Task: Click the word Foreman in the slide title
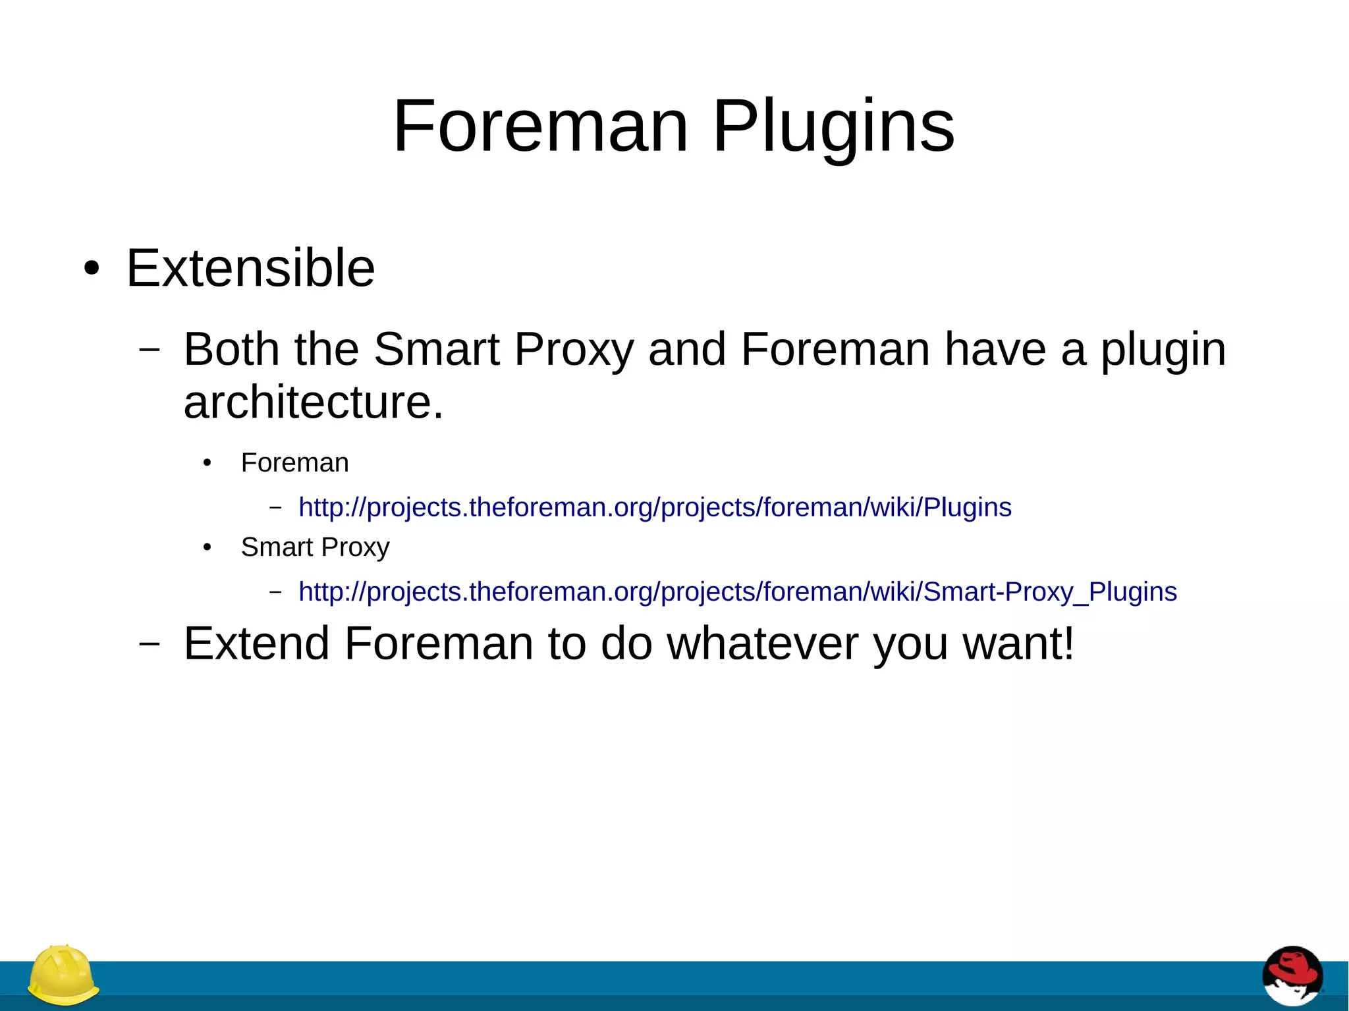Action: pyautogui.click(x=540, y=126)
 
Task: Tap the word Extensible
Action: pyautogui.click(x=250, y=269)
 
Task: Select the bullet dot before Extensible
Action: pyautogui.click(x=92, y=269)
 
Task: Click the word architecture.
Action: pyautogui.click(x=314, y=402)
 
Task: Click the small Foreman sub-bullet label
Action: pyautogui.click(x=294, y=463)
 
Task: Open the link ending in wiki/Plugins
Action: pyautogui.click(x=655, y=508)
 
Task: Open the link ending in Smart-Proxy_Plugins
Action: pyautogui.click(x=737, y=592)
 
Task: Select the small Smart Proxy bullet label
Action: pyautogui.click(x=315, y=547)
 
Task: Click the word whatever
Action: pyautogui.click(x=763, y=643)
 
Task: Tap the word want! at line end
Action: pyautogui.click(x=1018, y=643)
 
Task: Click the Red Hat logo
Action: pyautogui.click(x=1292, y=976)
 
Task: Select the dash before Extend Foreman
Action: pyautogui.click(x=150, y=644)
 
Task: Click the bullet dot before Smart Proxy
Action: pyautogui.click(x=207, y=547)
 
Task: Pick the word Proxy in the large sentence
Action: pyautogui.click(x=573, y=350)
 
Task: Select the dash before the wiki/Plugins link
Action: pyautogui.click(x=275, y=508)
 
